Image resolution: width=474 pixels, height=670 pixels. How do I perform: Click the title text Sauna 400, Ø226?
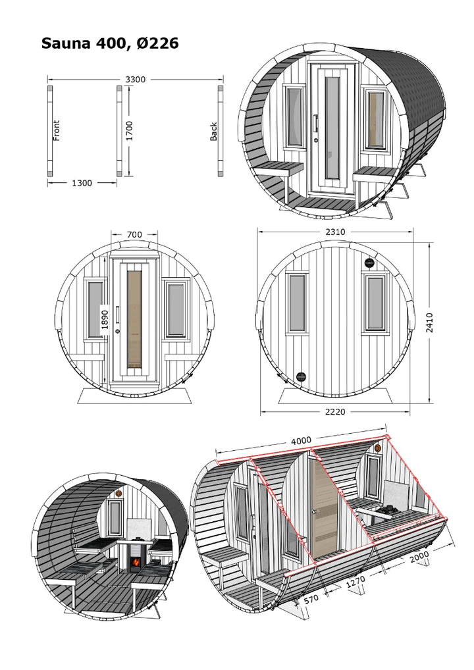(110, 43)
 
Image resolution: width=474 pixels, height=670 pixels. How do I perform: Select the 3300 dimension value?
(135, 80)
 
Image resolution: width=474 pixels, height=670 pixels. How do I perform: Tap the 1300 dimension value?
(82, 183)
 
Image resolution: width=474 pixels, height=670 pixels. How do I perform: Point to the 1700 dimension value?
(130, 131)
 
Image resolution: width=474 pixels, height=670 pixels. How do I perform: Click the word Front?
(57, 130)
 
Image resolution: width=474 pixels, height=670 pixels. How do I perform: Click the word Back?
(213, 132)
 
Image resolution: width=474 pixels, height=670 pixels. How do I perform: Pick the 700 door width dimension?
(134, 234)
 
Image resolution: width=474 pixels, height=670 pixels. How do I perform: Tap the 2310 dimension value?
(335, 232)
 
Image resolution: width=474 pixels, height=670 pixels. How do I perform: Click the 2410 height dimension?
(430, 322)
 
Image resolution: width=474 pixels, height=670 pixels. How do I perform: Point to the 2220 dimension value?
(335, 412)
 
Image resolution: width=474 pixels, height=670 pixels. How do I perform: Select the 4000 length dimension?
(301, 440)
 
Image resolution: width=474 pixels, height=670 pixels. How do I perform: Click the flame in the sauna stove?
(135, 564)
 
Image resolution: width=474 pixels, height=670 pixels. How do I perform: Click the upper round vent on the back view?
(368, 262)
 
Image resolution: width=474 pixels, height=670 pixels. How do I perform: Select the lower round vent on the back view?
(302, 376)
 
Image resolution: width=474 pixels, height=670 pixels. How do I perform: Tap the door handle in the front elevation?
(117, 317)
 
